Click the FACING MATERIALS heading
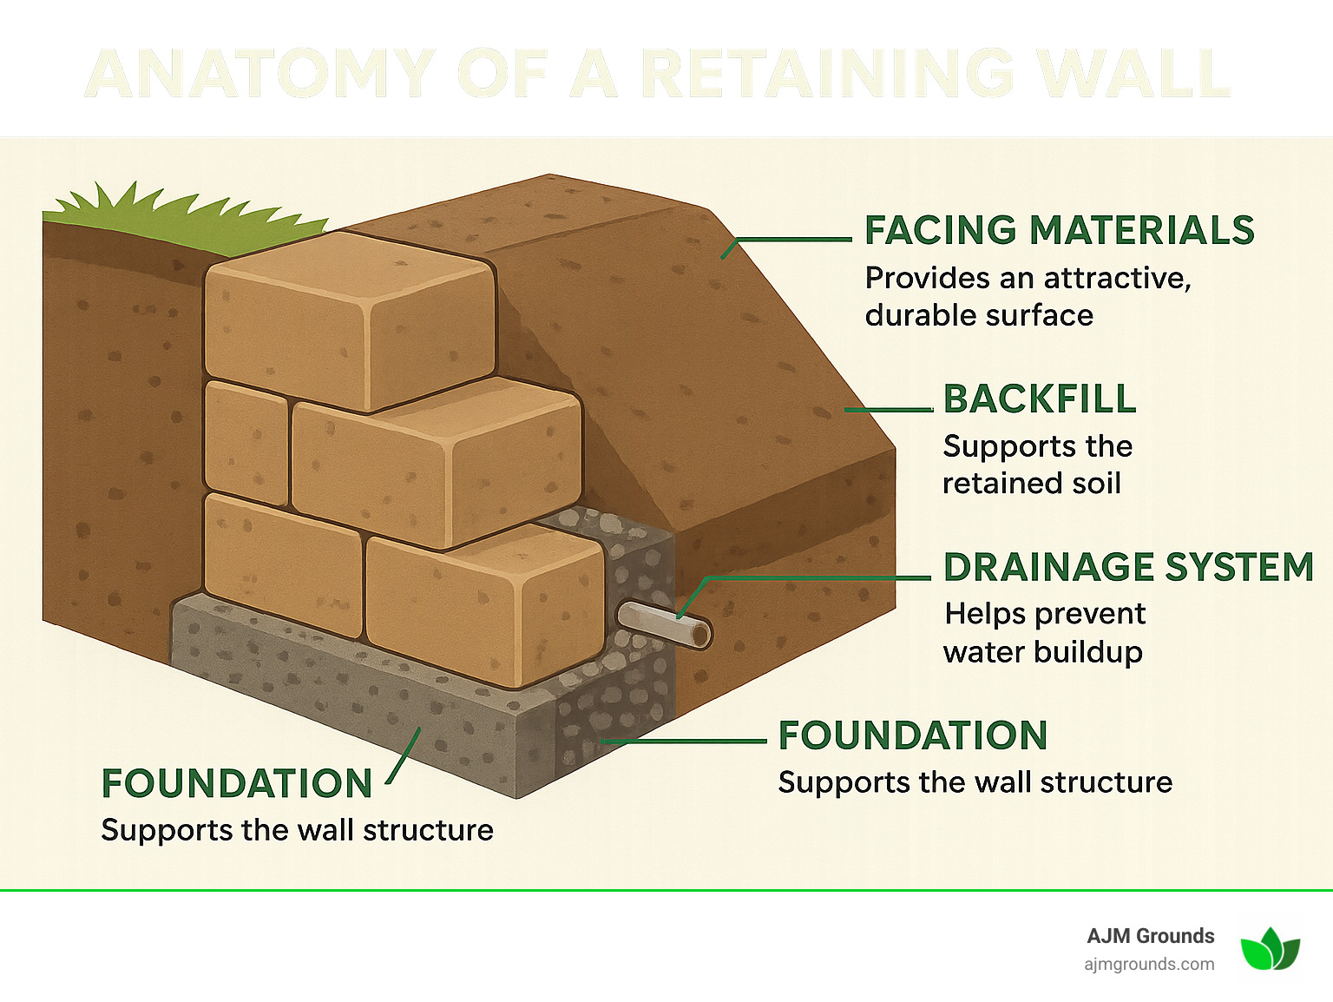click(1059, 231)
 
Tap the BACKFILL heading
click(1039, 399)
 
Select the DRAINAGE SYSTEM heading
click(1128, 567)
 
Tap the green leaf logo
click(1270, 948)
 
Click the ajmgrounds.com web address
click(1149, 964)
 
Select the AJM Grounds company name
click(1150, 936)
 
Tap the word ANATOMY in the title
click(260, 74)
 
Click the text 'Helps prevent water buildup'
click(1044, 632)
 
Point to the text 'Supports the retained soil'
click(1037, 465)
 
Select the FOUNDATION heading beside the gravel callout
click(912, 735)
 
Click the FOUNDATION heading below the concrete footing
click(236, 783)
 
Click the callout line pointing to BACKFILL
click(888, 409)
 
